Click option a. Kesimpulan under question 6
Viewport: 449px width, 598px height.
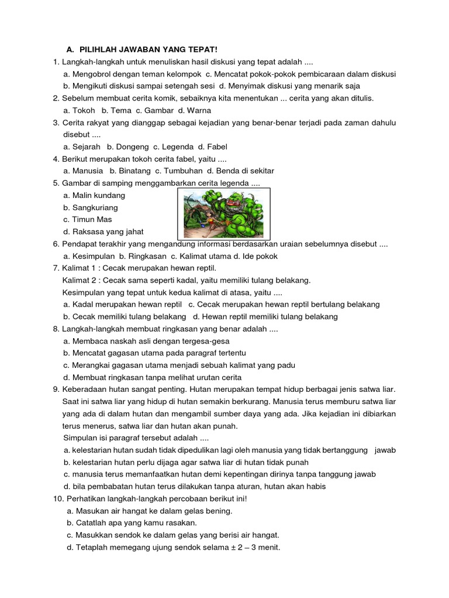click(88, 256)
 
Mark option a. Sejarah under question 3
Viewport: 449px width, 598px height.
click(82, 147)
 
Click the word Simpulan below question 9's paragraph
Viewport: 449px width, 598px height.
click(81, 438)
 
